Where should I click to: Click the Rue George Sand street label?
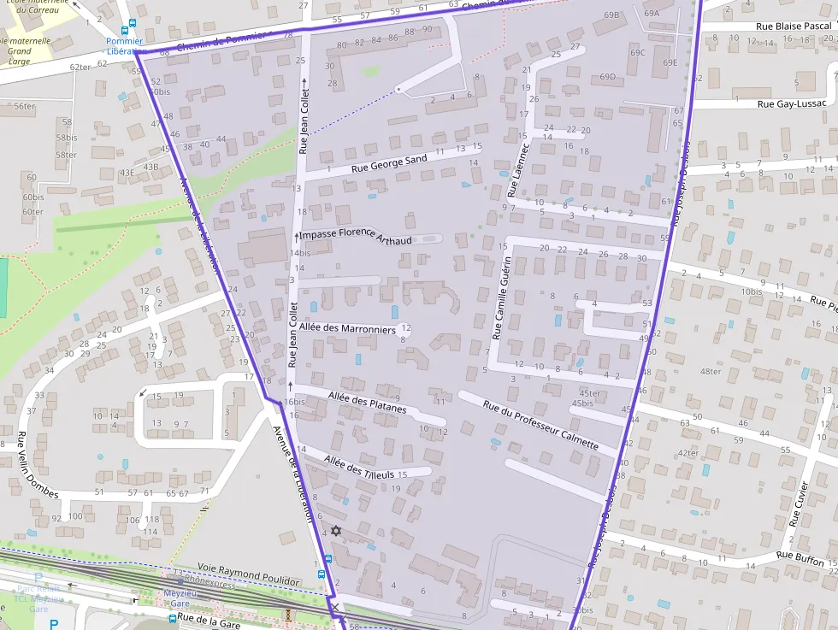tap(389, 164)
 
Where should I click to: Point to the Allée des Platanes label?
tap(367, 401)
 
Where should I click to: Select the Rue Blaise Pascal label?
tap(793, 26)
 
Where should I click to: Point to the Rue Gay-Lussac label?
tap(792, 103)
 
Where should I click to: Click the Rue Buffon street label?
tap(800, 558)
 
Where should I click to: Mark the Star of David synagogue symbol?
tap(336, 531)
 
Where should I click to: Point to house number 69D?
tap(607, 77)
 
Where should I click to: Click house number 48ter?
tap(710, 371)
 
